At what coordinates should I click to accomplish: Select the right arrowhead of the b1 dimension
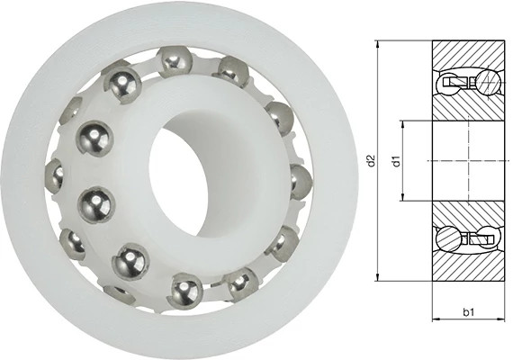click(501, 320)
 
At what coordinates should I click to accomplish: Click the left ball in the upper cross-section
click(449, 85)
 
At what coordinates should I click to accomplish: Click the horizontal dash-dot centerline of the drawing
click(468, 162)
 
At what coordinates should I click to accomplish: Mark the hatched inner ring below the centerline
click(468, 213)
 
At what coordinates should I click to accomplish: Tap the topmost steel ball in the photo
click(173, 61)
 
